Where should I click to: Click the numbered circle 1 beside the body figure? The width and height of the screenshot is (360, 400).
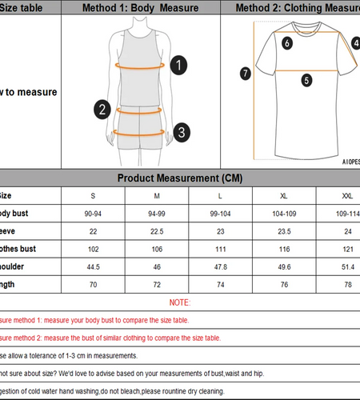pyautogui.click(x=179, y=64)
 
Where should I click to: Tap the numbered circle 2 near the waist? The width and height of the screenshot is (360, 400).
pyautogui.click(x=102, y=109)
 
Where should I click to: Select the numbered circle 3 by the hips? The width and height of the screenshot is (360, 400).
pyautogui.click(x=182, y=130)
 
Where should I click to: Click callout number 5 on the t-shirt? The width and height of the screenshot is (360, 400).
pyautogui.click(x=306, y=80)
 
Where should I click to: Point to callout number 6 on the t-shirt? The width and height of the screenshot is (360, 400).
pyautogui.click(x=286, y=45)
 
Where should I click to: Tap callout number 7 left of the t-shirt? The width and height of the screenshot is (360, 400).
pyautogui.click(x=246, y=73)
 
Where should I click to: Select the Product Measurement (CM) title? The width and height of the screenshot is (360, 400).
pyautogui.click(x=180, y=178)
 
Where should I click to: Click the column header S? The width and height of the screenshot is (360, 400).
pyautogui.click(x=92, y=195)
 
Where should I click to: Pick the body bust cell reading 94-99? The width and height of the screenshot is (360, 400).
pyautogui.click(x=157, y=214)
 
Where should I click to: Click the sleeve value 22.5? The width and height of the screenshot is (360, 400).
pyautogui.click(x=157, y=231)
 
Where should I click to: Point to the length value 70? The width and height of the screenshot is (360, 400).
pyautogui.click(x=92, y=284)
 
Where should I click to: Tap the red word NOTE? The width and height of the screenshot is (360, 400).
pyautogui.click(x=180, y=302)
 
